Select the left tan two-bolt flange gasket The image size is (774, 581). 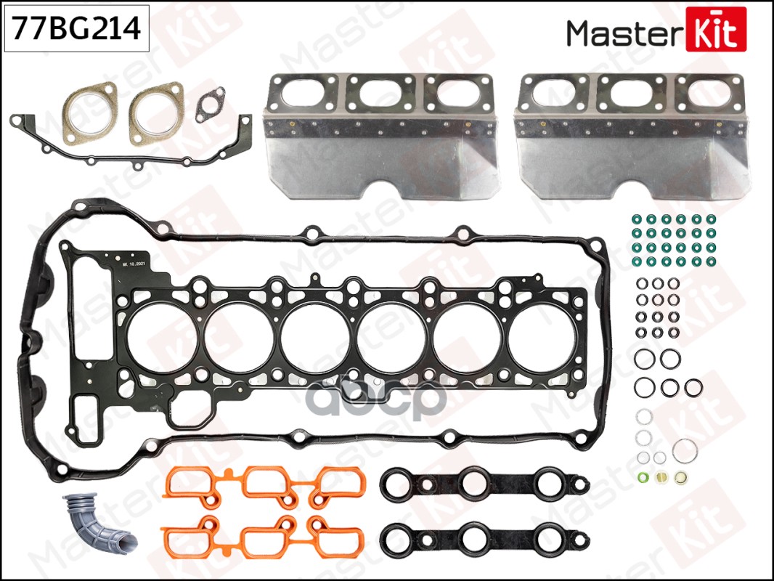point(89,113)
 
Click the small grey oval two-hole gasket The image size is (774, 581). point(210,106)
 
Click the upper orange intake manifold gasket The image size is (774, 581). point(265,484)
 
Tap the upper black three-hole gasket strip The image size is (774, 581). point(484,484)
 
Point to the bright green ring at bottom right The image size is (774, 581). point(642,478)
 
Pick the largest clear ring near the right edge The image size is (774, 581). point(685,450)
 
